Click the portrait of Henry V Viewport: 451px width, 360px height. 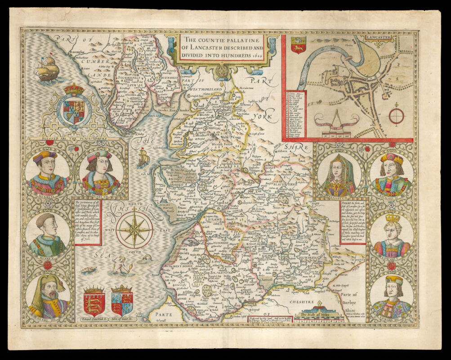point(47,235)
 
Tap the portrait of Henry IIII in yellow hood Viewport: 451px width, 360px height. point(47,296)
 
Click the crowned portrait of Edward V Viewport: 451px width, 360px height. point(392,235)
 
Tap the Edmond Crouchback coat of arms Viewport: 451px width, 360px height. point(94,300)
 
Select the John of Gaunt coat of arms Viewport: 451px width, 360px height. point(122,300)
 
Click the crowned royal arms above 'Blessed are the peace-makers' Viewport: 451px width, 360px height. point(74,106)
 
